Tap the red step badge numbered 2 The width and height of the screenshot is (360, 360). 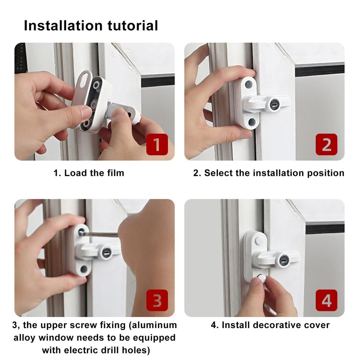327,145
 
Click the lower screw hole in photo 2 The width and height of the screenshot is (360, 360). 250,121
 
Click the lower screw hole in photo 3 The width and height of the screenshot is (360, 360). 84,270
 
